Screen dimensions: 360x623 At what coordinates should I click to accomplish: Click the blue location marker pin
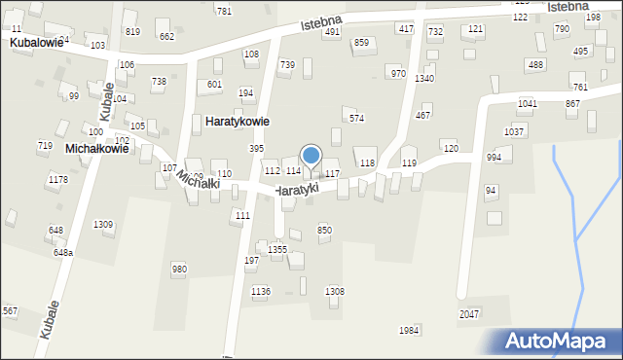pyautogui.click(x=311, y=156)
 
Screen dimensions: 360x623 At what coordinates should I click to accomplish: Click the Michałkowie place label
pyautogui.click(x=96, y=149)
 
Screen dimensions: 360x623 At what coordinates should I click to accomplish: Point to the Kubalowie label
pyautogui.click(x=36, y=43)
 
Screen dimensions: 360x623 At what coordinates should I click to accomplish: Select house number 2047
pyautogui.click(x=470, y=314)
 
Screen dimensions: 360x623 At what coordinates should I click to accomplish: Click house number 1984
pyautogui.click(x=409, y=331)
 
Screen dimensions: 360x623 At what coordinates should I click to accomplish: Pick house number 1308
pyautogui.click(x=334, y=292)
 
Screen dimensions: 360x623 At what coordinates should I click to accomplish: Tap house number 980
pyautogui.click(x=179, y=269)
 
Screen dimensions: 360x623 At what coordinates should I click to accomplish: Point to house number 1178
pyautogui.click(x=58, y=179)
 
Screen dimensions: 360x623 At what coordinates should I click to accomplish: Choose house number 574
pyautogui.click(x=356, y=119)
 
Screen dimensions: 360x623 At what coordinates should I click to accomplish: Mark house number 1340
pyautogui.click(x=423, y=78)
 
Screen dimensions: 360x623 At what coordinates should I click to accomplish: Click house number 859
pyautogui.click(x=361, y=43)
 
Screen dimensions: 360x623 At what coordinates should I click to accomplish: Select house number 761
pyautogui.click(x=580, y=88)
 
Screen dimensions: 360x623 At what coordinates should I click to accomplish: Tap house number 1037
pyautogui.click(x=514, y=131)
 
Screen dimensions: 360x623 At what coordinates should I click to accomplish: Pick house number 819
pyautogui.click(x=132, y=32)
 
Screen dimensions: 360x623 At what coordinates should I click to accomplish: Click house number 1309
pyautogui.click(x=103, y=225)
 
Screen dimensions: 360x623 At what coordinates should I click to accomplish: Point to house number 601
pyautogui.click(x=214, y=85)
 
